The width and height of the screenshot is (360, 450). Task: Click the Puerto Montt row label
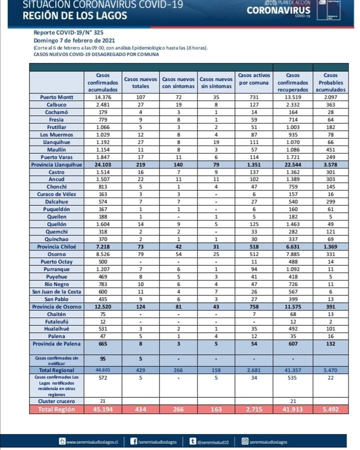tap(56, 97)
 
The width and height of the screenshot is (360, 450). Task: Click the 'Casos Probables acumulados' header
tap(330, 82)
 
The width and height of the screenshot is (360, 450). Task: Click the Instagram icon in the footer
tap(245, 441)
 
